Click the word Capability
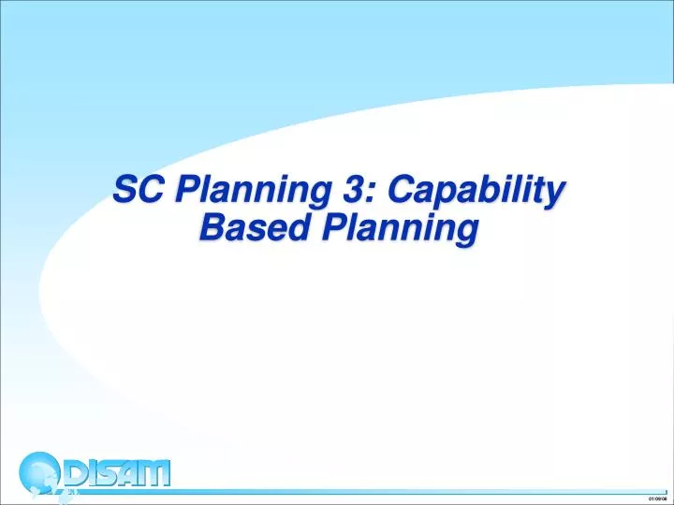tap(476, 192)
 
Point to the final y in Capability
tap(557, 194)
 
